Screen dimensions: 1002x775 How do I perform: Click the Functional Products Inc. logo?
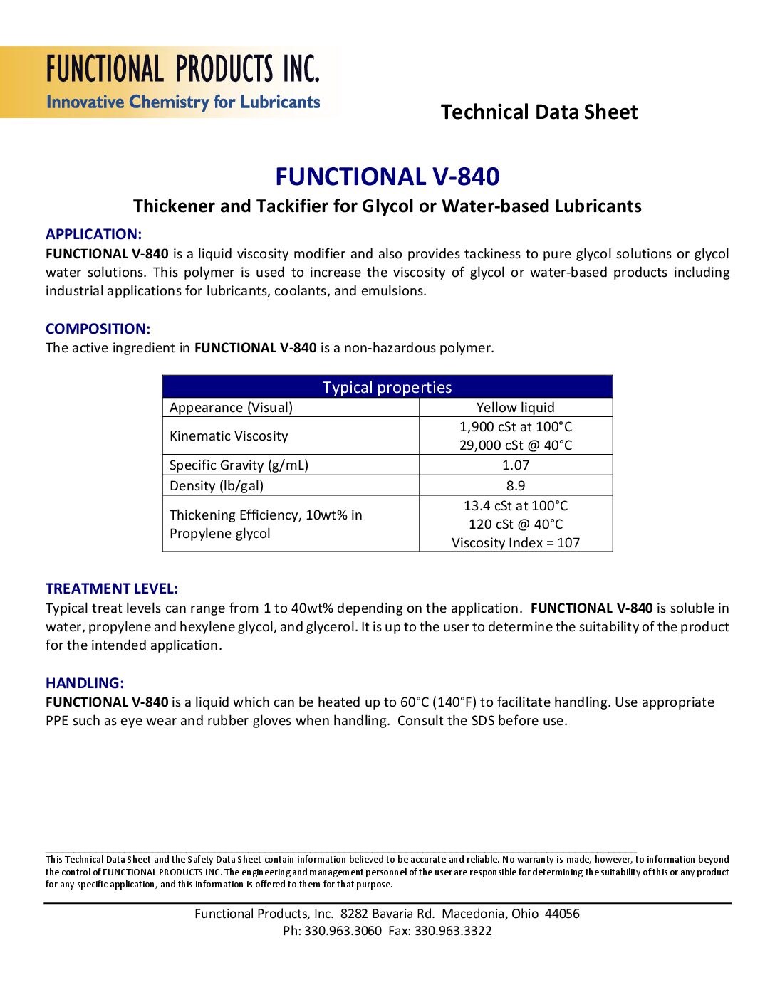182,83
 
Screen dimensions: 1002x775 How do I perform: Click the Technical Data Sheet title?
539,112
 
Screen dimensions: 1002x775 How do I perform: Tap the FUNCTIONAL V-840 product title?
387,176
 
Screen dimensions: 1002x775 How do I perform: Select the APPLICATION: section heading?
93,234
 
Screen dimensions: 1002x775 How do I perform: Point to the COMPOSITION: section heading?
98,329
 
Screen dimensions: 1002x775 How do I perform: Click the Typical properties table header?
387,387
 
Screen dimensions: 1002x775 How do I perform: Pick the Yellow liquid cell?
515,407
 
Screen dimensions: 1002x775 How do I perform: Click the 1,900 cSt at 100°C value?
515,426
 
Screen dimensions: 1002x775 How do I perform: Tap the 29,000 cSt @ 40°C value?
515,445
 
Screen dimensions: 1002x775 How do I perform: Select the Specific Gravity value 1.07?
515,465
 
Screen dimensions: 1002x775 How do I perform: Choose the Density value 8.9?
515,485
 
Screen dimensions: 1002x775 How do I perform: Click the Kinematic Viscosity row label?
229,436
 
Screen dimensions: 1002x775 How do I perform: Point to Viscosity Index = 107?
515,542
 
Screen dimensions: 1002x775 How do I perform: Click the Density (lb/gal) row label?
217,485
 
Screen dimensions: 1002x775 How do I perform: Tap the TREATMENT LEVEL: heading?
112,589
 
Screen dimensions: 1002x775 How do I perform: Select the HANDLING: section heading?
85,683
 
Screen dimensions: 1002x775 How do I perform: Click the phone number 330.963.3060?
343,931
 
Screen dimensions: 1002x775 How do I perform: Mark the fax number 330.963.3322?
453,931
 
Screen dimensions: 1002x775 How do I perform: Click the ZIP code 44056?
562,914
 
